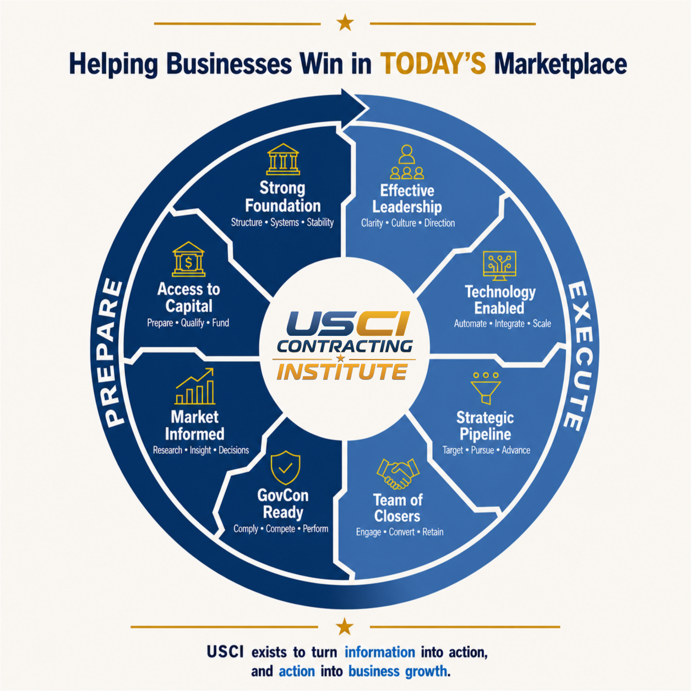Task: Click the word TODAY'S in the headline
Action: click(433, 64)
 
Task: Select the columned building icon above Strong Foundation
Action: click(283, 159)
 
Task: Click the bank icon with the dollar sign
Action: click(189, 259)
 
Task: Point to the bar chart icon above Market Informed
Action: click(195, 387)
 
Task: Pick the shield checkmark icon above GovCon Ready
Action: click(285, 468)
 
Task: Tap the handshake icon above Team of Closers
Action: click(398, 474)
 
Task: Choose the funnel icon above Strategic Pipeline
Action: click(486, 388)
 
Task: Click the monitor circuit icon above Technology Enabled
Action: click(499, 266)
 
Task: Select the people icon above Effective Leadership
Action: click(407, 162)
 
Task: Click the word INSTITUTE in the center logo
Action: click(342, 372)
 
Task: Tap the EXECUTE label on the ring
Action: click(579, 356)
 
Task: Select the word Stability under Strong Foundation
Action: click(320, 222)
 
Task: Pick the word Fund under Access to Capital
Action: click(221, 323)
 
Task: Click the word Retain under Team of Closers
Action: click(433, 532)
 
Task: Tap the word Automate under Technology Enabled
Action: click(470, 323)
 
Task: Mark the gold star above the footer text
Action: click(345, 627)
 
